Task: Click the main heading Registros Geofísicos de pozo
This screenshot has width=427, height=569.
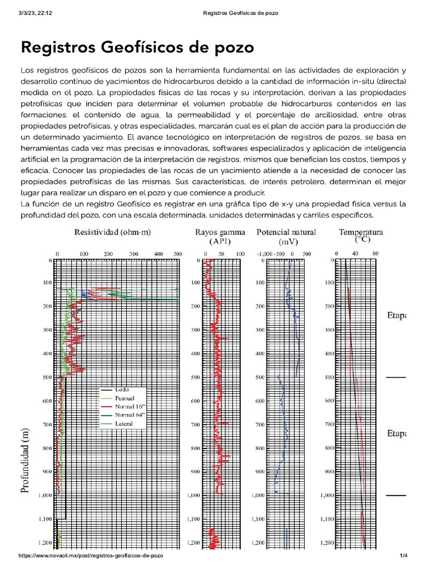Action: (x=137, y=47)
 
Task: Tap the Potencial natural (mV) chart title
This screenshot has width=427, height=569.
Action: (x=285, y=237)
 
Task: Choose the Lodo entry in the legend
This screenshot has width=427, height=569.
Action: (x=122, y=390)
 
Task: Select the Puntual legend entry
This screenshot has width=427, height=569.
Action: (x=125, y=398)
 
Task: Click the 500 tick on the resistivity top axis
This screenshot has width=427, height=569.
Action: (x=177, y=254)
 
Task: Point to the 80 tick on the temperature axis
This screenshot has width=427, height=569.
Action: (x=375, y=254)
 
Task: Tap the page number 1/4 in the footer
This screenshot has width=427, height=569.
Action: (x=404, y=556)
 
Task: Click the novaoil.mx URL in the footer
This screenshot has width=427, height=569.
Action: (x=91, y=556)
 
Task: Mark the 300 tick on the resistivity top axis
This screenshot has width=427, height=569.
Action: (x=133, y=254)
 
